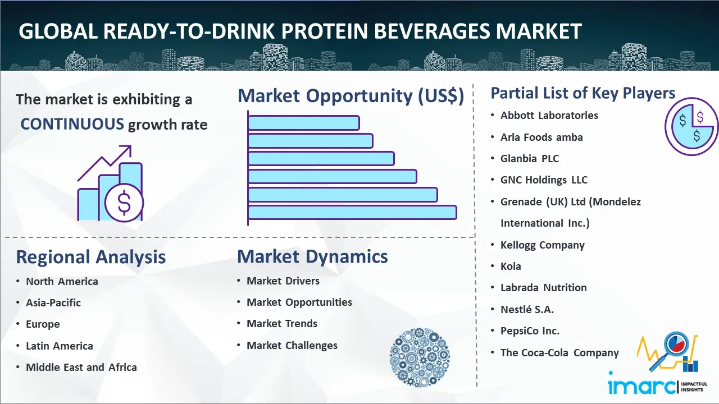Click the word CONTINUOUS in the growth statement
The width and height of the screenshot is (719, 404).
click(x=72, y=124)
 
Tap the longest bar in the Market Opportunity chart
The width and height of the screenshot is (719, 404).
click(x=352, y=213)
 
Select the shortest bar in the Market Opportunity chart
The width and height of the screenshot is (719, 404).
click(x=303, y=123)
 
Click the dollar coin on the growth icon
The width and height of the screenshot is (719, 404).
click(x=124, y=203)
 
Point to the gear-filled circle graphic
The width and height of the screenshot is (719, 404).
click(x=420, y=357)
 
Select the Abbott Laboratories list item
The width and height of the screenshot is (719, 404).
click(x=549, y=116)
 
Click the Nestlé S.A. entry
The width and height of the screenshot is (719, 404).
click(x=527, y=309)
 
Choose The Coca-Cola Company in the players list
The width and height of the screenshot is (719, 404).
click(x=559, y=353)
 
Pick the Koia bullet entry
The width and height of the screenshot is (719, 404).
click(x=511, y=266)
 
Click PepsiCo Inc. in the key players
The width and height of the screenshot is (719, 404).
click(x=530, y=331)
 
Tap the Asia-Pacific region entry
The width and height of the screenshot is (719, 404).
click(x=53, y=302)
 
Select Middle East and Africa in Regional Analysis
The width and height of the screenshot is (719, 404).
click(x=81, y=367)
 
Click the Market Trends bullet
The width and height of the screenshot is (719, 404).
click(x=282, y=324)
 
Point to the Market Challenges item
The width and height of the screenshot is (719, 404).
click(x=292, y=345)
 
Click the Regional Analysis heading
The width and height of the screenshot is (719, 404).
click(x=91, y=257)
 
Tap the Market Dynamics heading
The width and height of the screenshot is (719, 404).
click(x=312, y=256)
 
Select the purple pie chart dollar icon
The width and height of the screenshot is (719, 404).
click(x=691, y=126)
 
